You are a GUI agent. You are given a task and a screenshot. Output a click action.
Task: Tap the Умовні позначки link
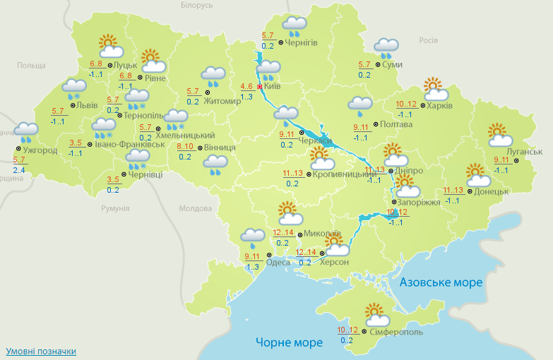[40, 351]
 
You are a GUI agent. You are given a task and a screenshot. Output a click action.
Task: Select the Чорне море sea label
[289, 342]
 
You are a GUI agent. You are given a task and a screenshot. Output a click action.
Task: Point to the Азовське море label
[441, 282]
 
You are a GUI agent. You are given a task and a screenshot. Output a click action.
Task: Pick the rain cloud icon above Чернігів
[294, 27]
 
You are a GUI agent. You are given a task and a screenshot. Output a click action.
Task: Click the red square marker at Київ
[260, 87]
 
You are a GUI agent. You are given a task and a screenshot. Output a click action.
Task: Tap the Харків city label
[440, 106]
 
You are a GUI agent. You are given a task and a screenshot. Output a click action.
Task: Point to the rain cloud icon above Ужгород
[27, 132]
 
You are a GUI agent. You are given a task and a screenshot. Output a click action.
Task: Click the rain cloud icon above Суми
[386, 48]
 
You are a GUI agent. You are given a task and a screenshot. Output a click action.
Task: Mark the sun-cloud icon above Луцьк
[110, 47]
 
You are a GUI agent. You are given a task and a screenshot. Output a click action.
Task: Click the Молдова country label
[196, 209]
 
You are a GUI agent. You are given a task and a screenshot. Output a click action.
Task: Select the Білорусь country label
[196, 5]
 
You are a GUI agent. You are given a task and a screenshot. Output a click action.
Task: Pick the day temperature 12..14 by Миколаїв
[284, 233]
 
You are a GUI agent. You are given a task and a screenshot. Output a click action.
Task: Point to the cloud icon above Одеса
[253, 237]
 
